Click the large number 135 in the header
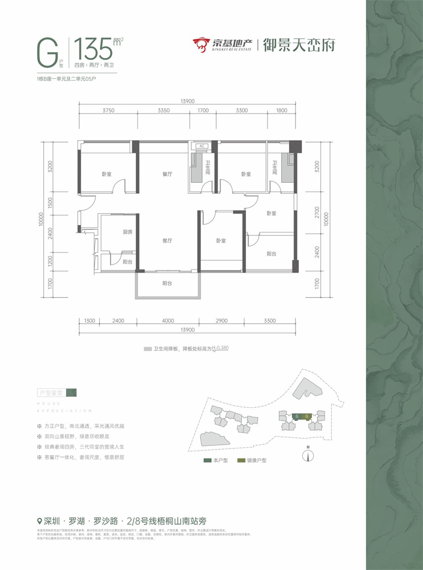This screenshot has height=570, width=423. pyautogui.click(x=94, y=50)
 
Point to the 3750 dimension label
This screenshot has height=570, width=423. pyautogui.click(x=108, y=111)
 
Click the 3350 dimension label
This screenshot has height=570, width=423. pyautogui.click(x=163, y=111)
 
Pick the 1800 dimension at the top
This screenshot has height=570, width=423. pyautogui.click(x=281, y=111)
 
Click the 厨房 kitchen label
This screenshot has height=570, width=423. pyautogui.click(x=113, y=232)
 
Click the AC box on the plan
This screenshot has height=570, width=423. pyautogui.click(x=201, y=146)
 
